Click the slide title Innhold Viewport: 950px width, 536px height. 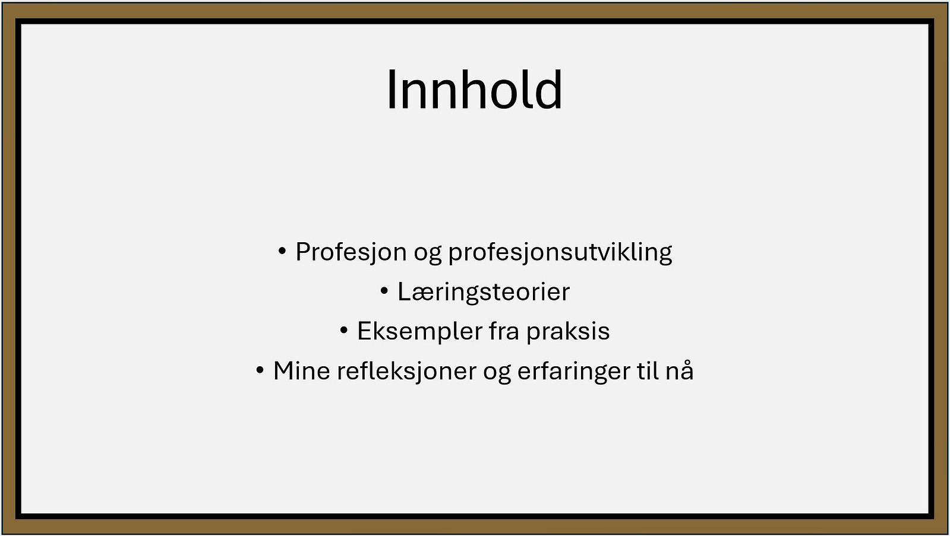(475, 90)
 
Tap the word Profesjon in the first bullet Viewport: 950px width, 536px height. (351, 252)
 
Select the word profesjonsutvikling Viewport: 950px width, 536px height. (560, 252)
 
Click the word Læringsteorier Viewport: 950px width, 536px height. (484, 293)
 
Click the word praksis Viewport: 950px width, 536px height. (568, 332)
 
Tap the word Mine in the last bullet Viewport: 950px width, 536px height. (302, 371)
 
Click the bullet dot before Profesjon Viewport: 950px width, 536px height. (282, 251)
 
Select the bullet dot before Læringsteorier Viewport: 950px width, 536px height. (384, 291)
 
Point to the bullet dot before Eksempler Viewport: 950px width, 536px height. (344, 331)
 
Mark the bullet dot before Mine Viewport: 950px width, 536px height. (260, 370)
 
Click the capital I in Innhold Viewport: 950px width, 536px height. (391, 90)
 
